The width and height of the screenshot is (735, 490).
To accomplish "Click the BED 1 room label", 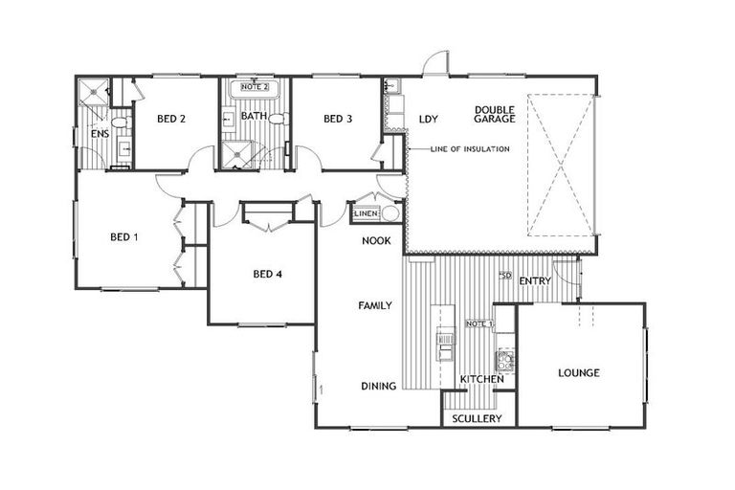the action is (x=124, y=237).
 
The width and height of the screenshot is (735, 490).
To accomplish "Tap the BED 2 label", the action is (x=171, y=119).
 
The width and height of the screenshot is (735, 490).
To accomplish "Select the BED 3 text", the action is (x=338, y=119).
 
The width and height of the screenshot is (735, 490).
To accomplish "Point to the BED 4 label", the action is (x=267, y=274).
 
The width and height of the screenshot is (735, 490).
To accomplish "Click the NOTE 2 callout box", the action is (x=255, y=87).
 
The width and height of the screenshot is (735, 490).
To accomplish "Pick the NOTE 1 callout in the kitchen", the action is (x=479, y=323).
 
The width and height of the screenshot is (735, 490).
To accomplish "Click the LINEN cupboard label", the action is (x=367, y=213).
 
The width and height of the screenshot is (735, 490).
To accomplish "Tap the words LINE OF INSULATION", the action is (x=470, y=149).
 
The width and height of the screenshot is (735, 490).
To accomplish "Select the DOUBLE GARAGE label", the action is (x=495, y=115).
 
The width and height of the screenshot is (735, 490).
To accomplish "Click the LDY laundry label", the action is (x=429, y=119).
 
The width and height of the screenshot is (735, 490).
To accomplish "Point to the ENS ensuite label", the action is (x=100, y=134).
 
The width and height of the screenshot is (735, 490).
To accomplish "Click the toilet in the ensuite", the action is (x=122, y=123).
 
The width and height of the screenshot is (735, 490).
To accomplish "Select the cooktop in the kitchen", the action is (x=505, y=361).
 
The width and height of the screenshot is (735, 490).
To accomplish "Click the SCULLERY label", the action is (x=478, y=418).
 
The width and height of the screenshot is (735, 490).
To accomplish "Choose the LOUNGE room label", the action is (x=579, y=373).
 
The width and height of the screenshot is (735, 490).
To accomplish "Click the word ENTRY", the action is (x=535, y=280).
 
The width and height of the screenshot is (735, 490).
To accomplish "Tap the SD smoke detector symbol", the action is (x=506, y=276).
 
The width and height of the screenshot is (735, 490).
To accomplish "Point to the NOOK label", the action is (x=376, y=240).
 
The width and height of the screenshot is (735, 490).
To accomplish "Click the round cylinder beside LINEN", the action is (x=390, y=213).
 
